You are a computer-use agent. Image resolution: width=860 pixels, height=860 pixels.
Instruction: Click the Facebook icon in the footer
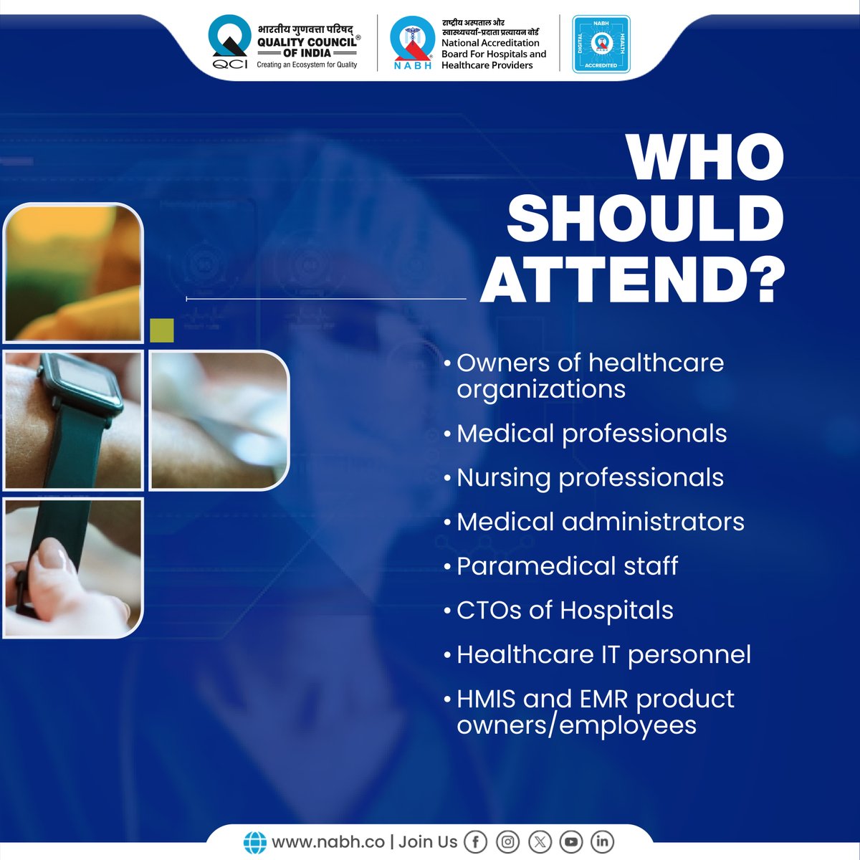476,841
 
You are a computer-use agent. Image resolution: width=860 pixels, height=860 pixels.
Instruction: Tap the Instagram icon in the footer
507,841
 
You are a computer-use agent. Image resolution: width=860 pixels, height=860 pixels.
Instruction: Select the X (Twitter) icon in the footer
540,841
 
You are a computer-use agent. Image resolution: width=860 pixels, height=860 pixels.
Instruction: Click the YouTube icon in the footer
571,841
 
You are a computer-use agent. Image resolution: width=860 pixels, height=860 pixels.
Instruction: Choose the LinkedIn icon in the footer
602,841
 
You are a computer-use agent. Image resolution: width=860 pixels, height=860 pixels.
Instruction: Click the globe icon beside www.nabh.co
254,842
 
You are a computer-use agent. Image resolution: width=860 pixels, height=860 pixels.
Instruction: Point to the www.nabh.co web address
328,841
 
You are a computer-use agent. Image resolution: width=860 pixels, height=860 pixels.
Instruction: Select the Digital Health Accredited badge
601,44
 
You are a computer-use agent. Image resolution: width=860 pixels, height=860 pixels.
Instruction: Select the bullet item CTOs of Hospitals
564,611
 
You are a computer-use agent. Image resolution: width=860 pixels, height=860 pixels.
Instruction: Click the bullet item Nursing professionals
589,478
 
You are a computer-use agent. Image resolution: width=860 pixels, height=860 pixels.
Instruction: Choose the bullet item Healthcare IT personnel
603,654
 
